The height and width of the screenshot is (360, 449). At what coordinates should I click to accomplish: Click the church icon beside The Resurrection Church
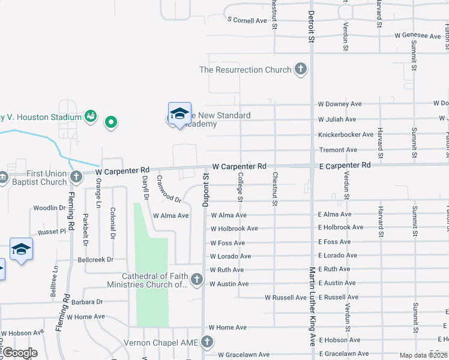(x=301, y=70)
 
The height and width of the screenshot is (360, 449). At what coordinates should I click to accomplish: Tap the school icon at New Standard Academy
(x=179, y=113)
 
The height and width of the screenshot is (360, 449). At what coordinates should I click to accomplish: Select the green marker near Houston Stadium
(x=110, y=123)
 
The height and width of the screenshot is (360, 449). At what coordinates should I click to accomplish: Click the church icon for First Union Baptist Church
(x=76, y=177)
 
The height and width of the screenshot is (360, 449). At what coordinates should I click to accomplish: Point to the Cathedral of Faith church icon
(x=196, y=280)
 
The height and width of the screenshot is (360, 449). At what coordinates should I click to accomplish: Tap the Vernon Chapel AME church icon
(x=207, y=342)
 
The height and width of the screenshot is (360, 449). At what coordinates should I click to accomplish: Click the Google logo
(x=20, y=353)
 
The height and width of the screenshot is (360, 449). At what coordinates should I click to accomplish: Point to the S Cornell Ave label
(x=247, y=20)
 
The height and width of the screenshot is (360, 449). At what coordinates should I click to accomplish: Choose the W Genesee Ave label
(x=418, y=36)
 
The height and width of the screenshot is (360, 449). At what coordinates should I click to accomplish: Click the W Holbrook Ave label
(x=234, y=229)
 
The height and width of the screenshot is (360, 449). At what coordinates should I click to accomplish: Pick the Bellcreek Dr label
(x=95, y=260)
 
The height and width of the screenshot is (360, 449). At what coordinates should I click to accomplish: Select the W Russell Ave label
(x=286, y=298)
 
